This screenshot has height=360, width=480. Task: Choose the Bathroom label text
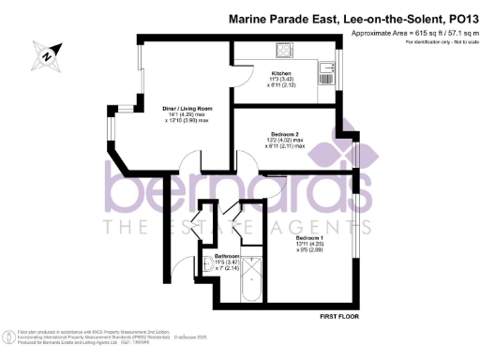(x=229, y=256)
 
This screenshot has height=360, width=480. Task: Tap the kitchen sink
(x=329, y=67)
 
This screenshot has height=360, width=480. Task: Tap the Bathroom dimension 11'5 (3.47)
(x=229, y=262)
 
